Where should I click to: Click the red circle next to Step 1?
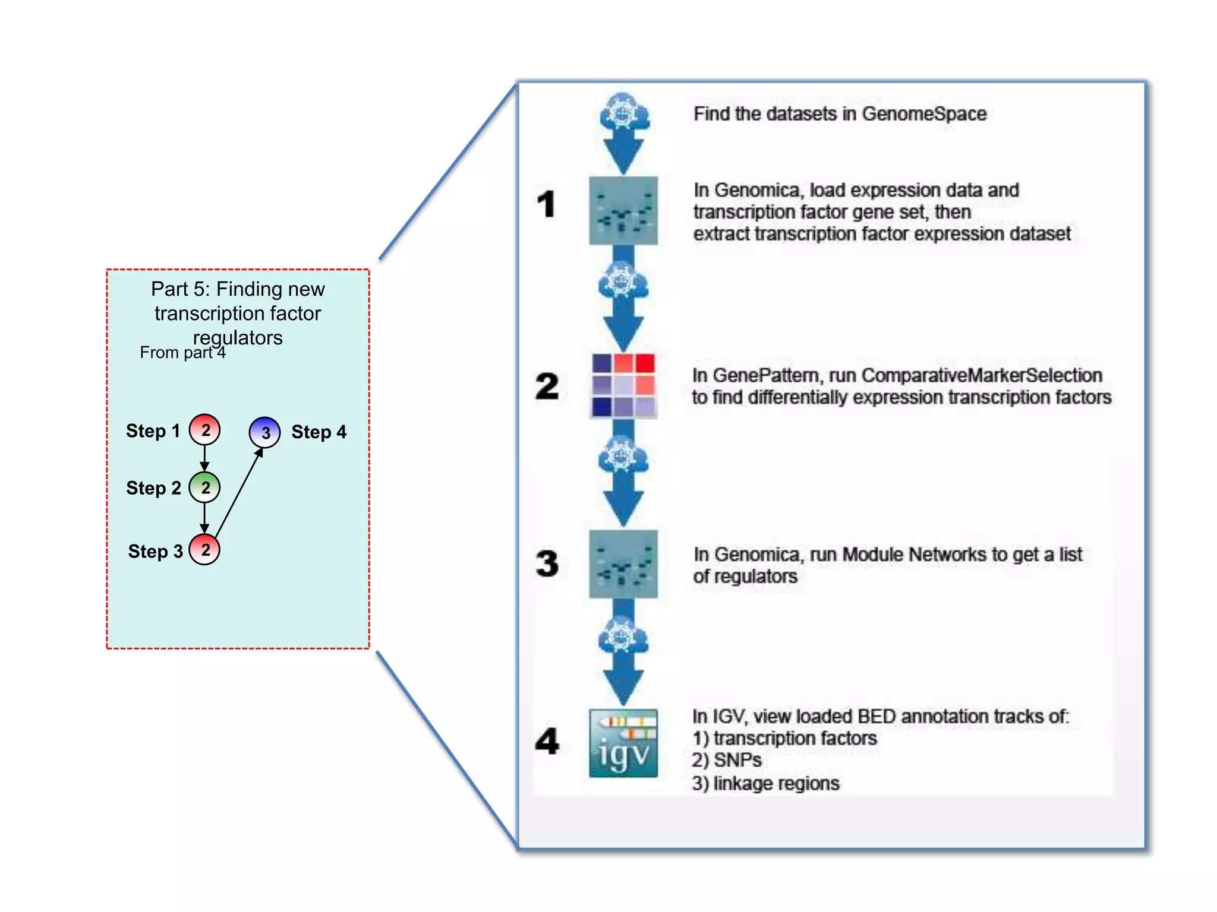point(204,430)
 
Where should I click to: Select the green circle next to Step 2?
point(204,487)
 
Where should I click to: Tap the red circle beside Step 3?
point(204,550)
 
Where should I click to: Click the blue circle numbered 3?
point(264,432)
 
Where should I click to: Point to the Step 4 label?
point(319,432)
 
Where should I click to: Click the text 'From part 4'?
point(182,353)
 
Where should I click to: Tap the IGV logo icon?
point(623,743)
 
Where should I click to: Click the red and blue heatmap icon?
point(623,385)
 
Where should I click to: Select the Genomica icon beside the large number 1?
point(623,211)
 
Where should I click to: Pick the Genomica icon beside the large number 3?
point(623,563)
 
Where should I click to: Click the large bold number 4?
point(547,741)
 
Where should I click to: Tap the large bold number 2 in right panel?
point(547,387)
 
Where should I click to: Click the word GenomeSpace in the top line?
point(924,114)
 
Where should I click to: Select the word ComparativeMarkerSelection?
point(982,375)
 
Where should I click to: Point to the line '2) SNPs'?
point(726,761)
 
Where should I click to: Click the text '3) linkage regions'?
point(765,784)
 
